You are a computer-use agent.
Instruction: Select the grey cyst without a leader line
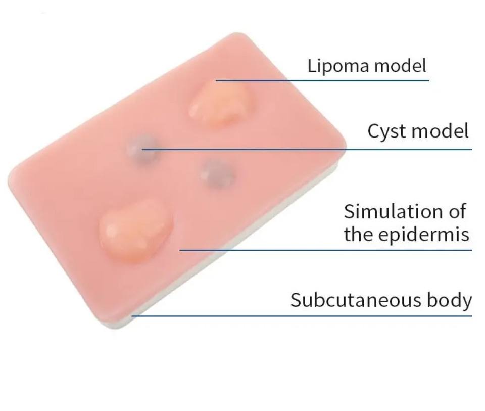[217, 173]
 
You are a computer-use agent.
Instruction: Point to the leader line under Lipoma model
[323, 80]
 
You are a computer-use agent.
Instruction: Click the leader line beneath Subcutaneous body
[303, 316]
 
